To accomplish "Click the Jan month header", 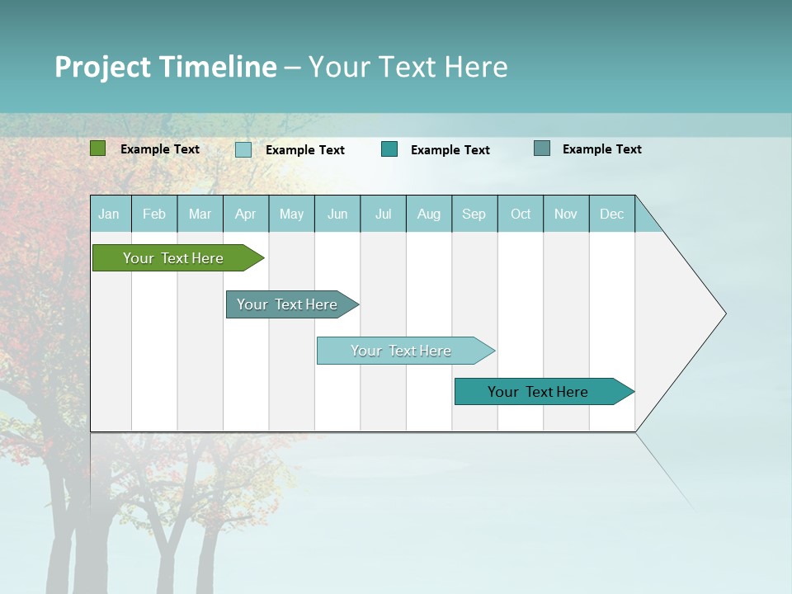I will (x=109, y=214).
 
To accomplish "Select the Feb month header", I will (x=154, y=214).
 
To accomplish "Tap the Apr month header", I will (x=246, y=214).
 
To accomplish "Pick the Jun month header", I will (x=337, y=214).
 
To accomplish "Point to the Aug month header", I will (x=429, y=214).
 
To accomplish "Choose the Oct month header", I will (x=521, y=214).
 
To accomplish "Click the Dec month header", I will (x=612, y=214).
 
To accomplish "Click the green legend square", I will (x=97, y=148).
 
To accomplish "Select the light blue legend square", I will (x=243, y=149).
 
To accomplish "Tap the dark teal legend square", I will (x=389, y=149).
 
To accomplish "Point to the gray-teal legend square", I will (x=542, y=148).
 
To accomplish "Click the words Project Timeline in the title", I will (x=165, y=67).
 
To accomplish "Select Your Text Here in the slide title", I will (x=408, y=67).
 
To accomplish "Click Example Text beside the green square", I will (x=160, y=149).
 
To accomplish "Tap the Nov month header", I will (x=566, y=214).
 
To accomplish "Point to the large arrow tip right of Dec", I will (x=693, y=313).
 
